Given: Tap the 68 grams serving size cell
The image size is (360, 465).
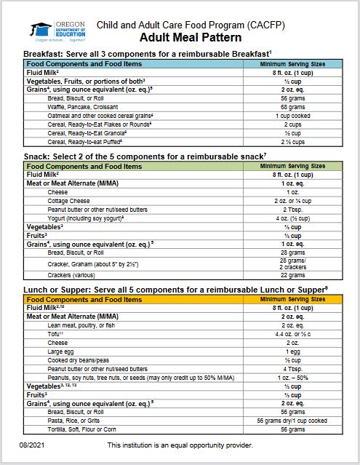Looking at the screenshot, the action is click(292, 106).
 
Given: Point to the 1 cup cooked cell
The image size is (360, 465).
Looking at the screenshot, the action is click(292, 115).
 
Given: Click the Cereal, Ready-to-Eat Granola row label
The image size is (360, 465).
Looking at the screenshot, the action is click(87, 132).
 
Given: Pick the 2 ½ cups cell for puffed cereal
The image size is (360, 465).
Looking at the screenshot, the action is click(292, 141).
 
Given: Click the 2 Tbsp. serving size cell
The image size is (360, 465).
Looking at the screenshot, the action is click(292, 209).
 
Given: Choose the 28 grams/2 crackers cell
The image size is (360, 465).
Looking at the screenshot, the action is click(292, 262).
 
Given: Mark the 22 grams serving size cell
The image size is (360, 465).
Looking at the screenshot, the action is click(292, 274).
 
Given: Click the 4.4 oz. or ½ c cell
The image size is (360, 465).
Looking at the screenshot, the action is click(292, 334).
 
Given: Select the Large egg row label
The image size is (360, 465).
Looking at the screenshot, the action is click(63, 351).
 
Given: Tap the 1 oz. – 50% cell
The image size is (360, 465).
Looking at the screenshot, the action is click(292, 377).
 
